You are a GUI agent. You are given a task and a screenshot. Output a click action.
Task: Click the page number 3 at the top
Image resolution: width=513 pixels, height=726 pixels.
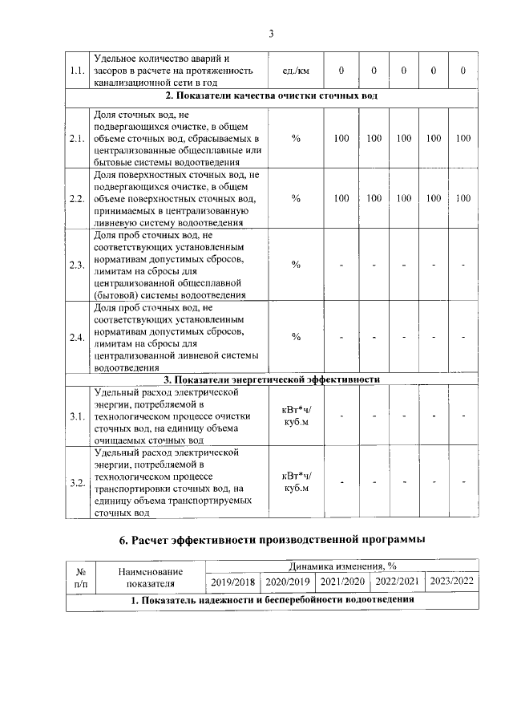(x=271, y=33)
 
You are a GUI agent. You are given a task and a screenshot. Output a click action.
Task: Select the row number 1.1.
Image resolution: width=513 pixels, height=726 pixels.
(x=78, y=71)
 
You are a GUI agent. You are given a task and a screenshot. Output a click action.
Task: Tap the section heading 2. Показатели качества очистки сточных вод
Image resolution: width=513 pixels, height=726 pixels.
(x=272, y=96)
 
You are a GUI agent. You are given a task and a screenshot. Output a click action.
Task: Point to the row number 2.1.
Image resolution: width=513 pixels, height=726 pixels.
(x=78, y=139)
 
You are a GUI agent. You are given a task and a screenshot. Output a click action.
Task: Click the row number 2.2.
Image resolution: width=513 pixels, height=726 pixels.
(x=78, y=198)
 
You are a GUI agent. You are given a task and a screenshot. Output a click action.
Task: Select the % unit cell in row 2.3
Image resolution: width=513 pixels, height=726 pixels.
(x=296, y=265)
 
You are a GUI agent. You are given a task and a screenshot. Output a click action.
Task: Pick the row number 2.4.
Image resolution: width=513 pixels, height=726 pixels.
(x=78, y=337)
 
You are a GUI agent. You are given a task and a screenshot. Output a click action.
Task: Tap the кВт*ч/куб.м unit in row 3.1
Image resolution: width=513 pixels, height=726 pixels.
(x=296, y=416)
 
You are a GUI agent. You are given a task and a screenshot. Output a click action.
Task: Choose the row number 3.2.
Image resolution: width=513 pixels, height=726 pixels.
(x=78, y=482)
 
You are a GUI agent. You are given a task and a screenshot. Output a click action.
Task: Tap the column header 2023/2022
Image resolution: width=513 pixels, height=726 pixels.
(x=451, y=582)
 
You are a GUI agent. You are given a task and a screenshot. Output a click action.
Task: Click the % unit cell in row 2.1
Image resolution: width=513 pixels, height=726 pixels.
(x=296, y=139)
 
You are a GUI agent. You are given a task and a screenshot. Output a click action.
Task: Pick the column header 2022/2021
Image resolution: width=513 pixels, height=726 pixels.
(x=396, y=582)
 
